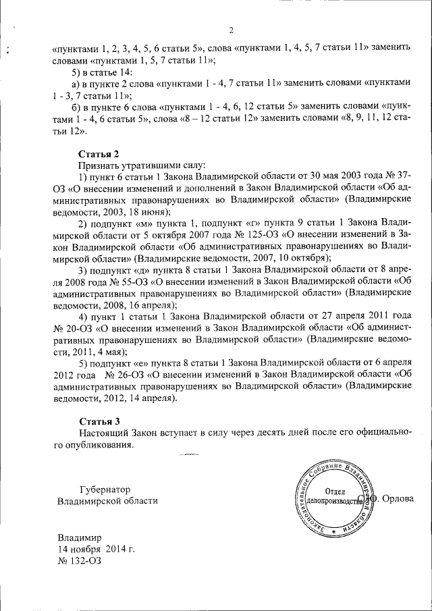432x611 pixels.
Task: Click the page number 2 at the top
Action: click(x=231, y=30)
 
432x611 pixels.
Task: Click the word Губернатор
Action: click(x=105, y=489)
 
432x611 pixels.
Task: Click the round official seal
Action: click(x=336, y=500)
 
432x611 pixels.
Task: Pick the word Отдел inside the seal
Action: click(x=336, y=492)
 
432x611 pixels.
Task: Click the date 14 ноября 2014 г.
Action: click(x=96, y=550)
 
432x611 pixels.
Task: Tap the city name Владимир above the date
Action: click(x=79, y=538)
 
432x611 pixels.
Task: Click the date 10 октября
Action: click(x=300, y=259)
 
